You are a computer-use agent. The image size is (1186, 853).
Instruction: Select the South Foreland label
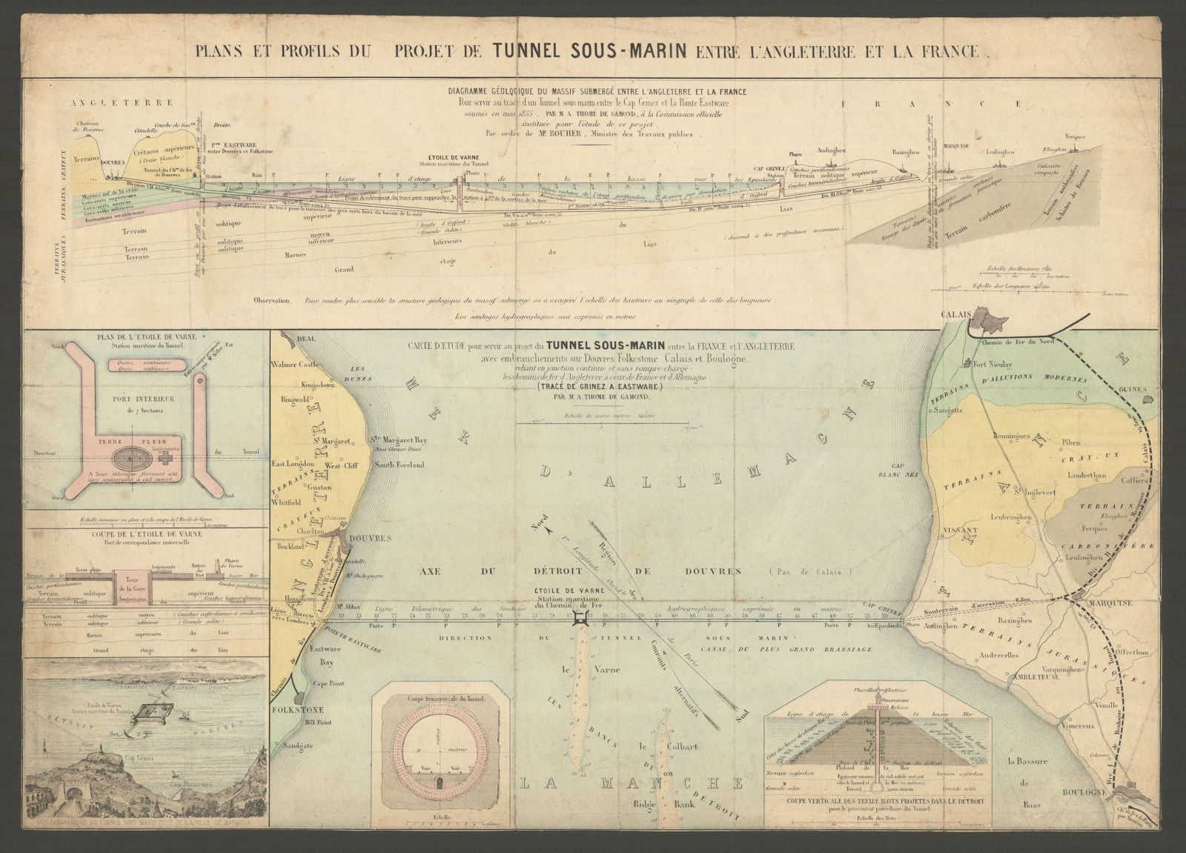400,465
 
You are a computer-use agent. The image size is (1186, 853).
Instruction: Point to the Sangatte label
950,409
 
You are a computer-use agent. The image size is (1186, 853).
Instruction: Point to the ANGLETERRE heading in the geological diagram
124,104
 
